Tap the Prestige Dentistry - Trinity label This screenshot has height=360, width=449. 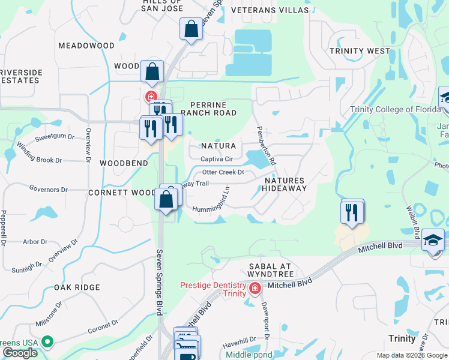pyautogui.click(x=213, y=289)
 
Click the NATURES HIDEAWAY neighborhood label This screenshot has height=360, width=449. pyautogui.click(x=285, y=184)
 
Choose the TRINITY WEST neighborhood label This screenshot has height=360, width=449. pyautogui.click(x=360, y=51)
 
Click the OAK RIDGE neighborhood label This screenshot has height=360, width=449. pyautogui.click(x=77, y=287)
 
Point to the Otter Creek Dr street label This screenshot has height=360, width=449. pyautogui.click(x=223, y=172)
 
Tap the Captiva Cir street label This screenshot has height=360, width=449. pyautogui.click(x=217, y=159)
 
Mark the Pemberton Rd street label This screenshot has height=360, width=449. pyautogui.click(x=266, y=146)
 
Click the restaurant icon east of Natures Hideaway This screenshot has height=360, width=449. pyautogui.click(x=352, y=212)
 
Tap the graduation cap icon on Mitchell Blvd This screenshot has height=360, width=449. pyautogui.click(x=432, y=241)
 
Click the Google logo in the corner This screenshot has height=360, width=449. pyautogui.click(x=20, y=353)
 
